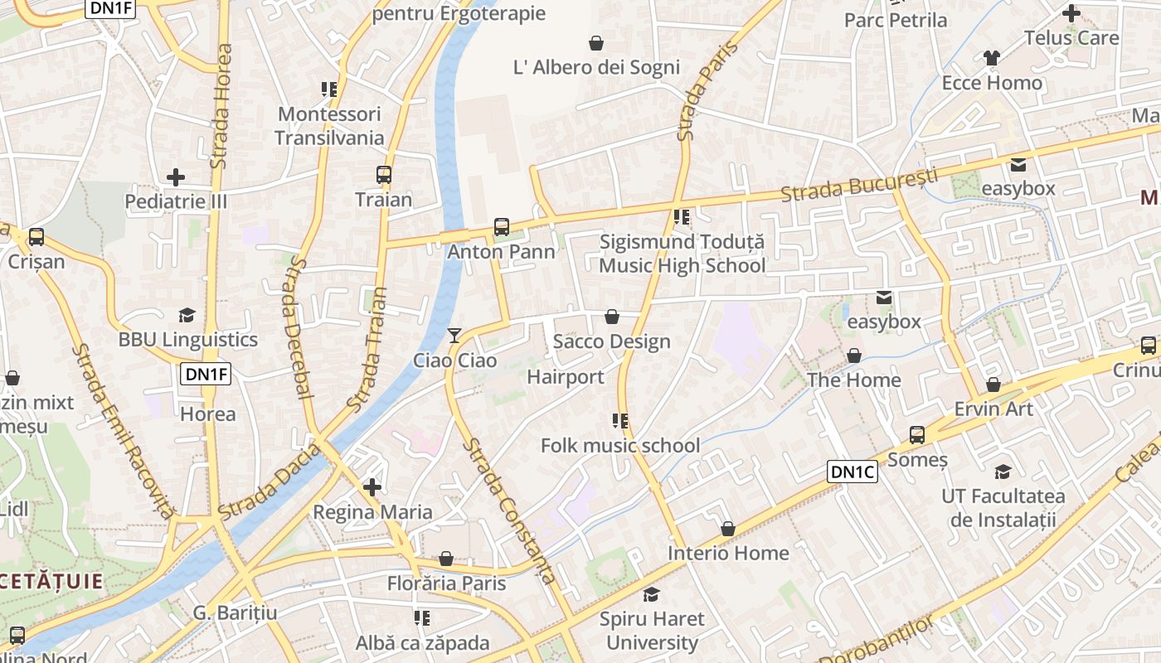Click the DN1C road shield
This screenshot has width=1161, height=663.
point(853,472)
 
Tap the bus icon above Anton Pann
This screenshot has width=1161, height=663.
point(502,226)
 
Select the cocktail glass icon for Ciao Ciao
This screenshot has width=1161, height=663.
point(454,336)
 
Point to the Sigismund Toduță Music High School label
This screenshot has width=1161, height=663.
point(682,254)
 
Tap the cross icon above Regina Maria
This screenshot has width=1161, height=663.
point(372,486)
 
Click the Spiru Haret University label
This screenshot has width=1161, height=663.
point(652,631)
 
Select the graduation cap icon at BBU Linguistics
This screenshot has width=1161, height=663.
point(187,315)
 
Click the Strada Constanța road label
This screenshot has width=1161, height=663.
point(507,511)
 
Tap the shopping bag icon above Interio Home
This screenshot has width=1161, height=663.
point(728,529)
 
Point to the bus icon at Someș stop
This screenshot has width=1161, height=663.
point(917,434)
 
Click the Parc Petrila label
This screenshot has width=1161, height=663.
point(896,20)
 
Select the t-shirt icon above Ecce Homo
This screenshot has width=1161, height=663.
point(992,58)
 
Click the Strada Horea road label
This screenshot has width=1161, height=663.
point(221,106)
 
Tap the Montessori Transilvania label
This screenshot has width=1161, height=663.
point(329,126)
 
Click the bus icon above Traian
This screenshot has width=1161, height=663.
point(383,175)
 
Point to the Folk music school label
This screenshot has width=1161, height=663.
point(620,446)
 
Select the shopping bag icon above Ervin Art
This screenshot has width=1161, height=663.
point(993,385)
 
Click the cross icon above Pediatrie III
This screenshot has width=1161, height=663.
point(176,177)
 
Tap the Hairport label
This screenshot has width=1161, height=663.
point(566,377)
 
